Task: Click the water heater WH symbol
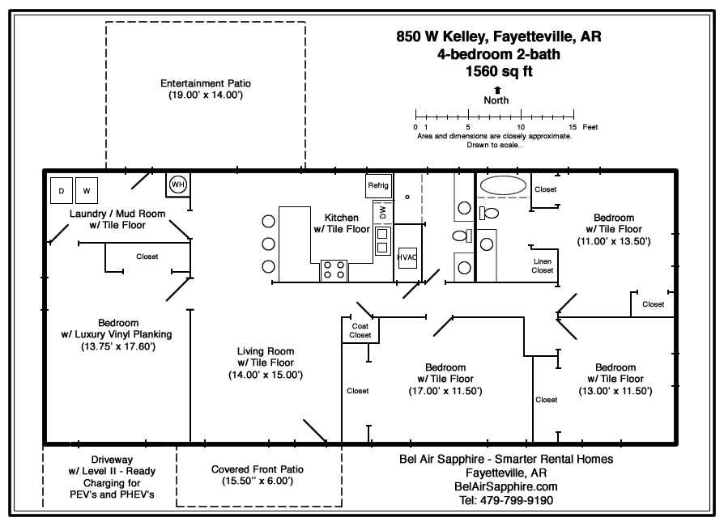coord(177,185)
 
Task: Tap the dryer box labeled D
coord(61,191)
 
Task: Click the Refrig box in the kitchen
coord(378,185)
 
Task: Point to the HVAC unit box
coord(406,257)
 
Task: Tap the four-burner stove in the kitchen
coord(334,269)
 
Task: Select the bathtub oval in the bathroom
coord(502,185)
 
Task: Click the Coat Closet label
coord(360,330)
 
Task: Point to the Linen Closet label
coord(542,265)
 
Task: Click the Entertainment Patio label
coord(206,89)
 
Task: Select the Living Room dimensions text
coord(265,375)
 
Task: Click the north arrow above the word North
coord(496,90)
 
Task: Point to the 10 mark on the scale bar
coord(521,127)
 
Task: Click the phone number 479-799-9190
coord(506,500)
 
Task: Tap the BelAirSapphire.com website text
coord(507,486)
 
